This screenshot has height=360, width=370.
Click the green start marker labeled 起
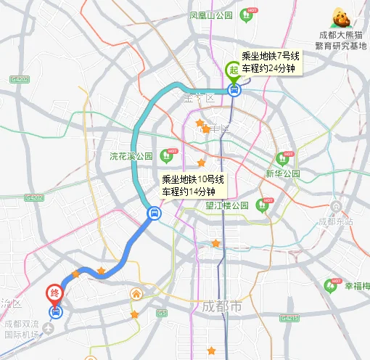click(233, 69)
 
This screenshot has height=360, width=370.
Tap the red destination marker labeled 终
click(54, 294)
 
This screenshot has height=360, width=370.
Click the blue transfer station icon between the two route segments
click(154, 213)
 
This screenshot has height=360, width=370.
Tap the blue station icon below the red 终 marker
click(56, 312)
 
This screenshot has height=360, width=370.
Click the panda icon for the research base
click(340, 17)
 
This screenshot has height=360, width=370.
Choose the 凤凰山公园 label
click(210, 15)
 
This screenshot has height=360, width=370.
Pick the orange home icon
click(136, 294)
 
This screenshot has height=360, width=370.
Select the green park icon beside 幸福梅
click(333, 285)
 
